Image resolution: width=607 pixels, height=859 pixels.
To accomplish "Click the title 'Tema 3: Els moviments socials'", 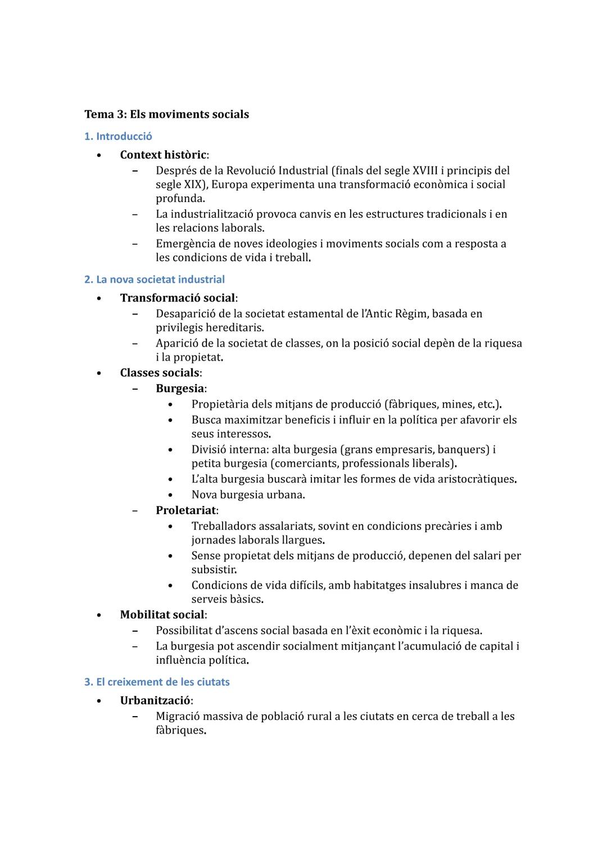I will coord(166,114).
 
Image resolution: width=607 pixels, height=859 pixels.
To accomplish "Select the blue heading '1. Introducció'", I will coord(118,136).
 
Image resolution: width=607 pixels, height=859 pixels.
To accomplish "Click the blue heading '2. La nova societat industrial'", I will coord(154,279).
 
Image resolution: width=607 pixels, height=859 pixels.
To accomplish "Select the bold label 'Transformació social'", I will coord(177,298).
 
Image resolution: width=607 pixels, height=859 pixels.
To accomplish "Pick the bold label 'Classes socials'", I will coord(160,372).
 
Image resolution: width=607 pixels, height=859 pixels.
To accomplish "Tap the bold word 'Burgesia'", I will coord(179,388).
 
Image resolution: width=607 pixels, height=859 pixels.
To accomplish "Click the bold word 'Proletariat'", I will coord(185,510).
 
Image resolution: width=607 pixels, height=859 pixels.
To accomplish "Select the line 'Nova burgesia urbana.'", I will coord(248,495).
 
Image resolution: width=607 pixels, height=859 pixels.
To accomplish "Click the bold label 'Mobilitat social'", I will coord(162,615).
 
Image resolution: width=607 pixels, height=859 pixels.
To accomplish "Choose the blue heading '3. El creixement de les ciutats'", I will coord(157,682).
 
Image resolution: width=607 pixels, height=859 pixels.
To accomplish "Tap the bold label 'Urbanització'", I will coord(155,701).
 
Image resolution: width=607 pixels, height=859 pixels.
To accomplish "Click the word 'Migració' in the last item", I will coord(177,716).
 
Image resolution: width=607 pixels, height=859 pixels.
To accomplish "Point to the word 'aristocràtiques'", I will coord(475,479).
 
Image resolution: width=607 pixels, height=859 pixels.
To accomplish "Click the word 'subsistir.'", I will coord(214,569).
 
